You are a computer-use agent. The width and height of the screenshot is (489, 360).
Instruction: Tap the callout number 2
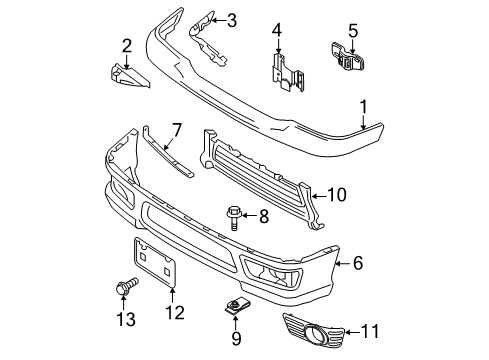click(127, 44)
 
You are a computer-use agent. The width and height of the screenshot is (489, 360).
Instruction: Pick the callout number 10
click(338, 196)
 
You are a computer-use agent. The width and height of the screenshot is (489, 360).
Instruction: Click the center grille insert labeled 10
click(260, 169)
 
